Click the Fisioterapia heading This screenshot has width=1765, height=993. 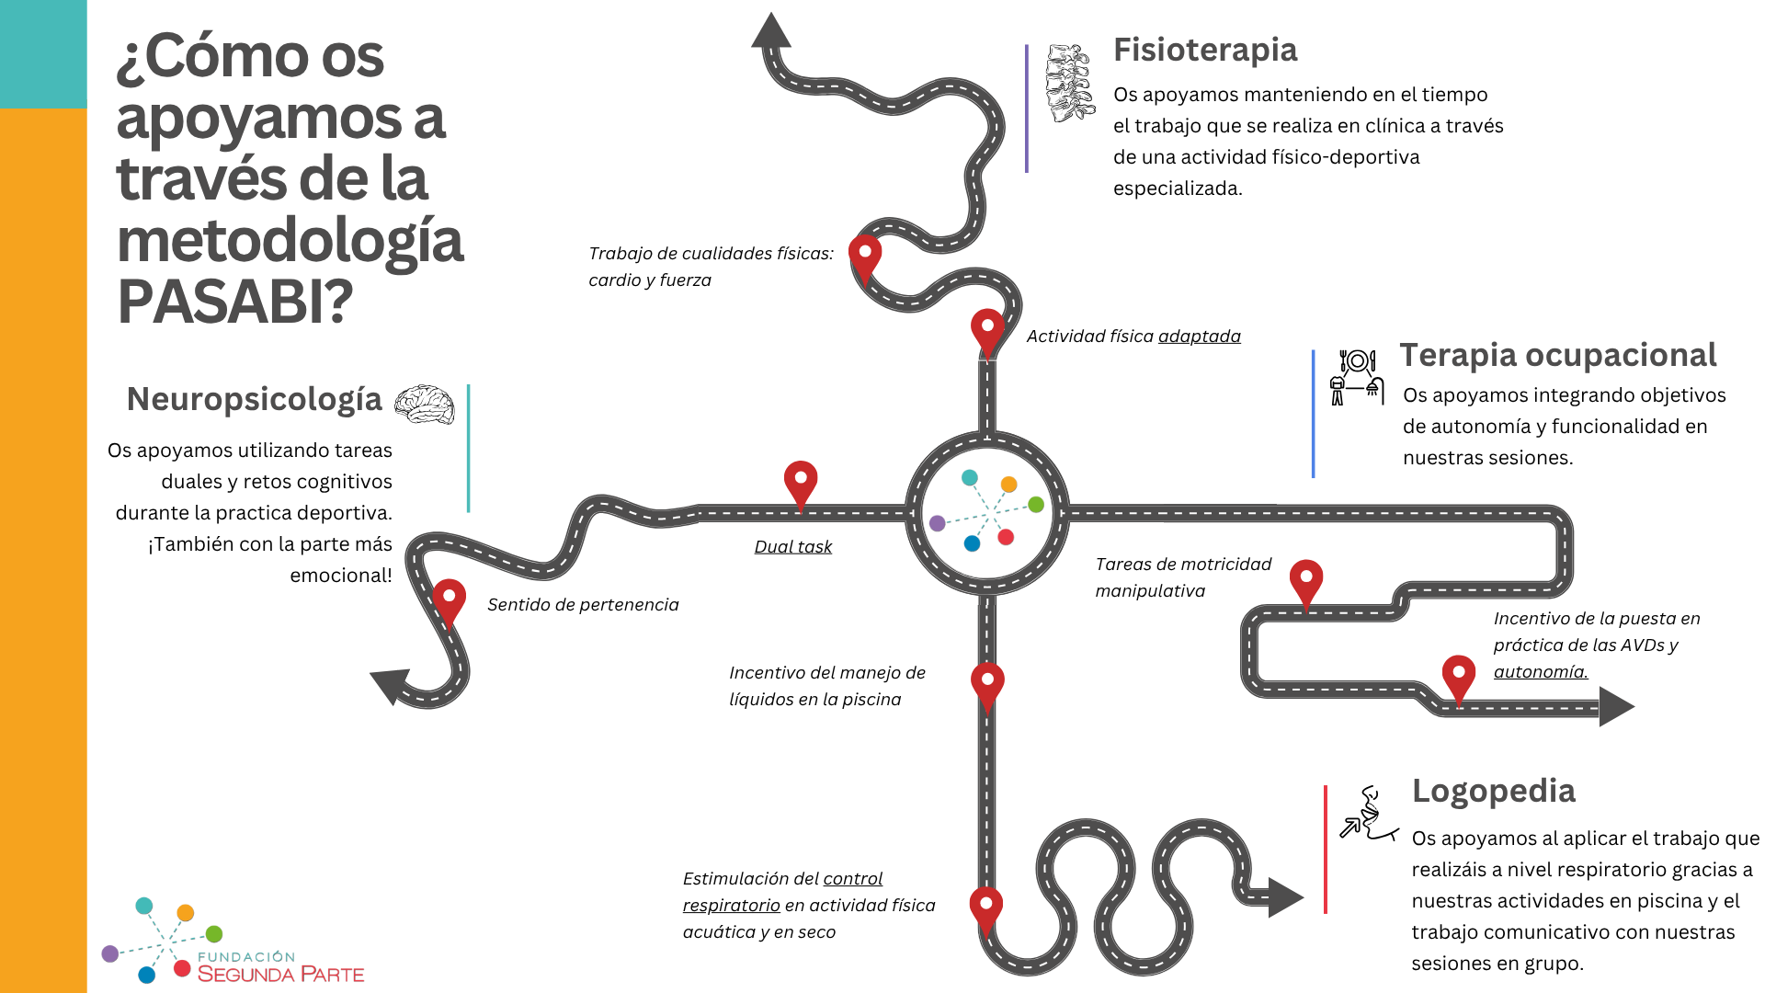coord(1204,50)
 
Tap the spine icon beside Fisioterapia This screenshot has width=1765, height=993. coord(1069,83)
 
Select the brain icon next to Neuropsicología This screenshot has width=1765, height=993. coord(425,405)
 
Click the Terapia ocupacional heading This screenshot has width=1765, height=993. coord(1557,355)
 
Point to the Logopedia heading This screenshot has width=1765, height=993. coord(1493,791)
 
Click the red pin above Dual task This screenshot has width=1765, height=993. coord(801,483)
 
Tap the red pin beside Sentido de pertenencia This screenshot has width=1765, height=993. coord(449,600)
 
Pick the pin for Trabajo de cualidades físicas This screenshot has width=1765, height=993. coord(865,257)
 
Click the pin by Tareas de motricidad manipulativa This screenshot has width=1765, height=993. coord(1306,582)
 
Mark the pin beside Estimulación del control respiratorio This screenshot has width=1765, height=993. coord(986,908)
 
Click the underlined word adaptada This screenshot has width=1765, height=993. coord(1199,337)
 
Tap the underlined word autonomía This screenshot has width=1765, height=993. coord(1540,672)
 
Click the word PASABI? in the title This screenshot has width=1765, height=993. coord(235,302)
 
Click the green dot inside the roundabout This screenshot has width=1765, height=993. coord(1036,504)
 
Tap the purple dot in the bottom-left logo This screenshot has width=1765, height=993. coord(110,953)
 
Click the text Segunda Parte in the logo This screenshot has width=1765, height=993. coord(280,975)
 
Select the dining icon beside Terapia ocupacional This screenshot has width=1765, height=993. coord(1357,377)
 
